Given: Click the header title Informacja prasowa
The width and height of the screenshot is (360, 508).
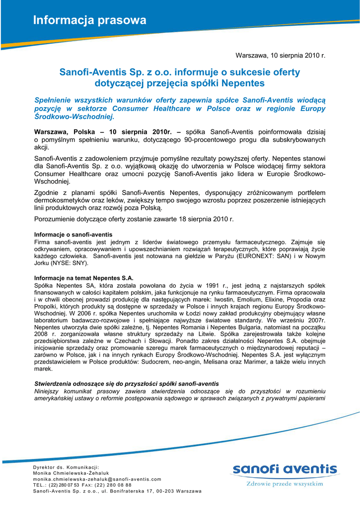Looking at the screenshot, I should [90, 20].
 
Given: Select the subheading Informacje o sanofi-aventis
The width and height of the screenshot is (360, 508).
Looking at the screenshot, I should [73, 234].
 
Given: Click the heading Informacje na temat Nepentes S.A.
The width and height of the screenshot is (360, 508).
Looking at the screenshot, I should [83, 278].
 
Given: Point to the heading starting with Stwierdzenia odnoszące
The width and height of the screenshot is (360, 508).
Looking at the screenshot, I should [126, 384].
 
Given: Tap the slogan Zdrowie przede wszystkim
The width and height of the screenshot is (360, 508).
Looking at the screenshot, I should [285, 483].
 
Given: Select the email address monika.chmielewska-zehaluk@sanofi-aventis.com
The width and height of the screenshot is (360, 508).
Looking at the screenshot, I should [97, 479].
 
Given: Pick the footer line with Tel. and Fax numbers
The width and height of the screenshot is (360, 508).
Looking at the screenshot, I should [82, 485].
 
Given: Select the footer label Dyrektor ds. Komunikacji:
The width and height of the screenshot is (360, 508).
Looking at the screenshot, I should [66, 467].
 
